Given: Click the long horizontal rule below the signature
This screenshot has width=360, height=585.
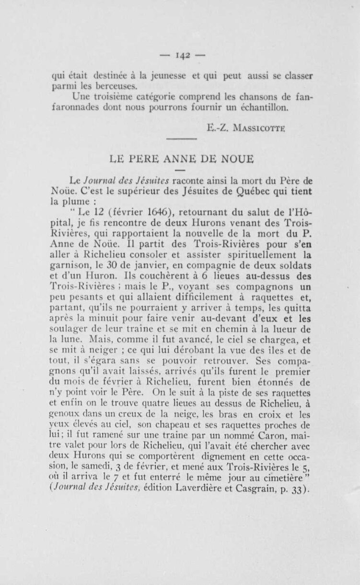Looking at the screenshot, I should [181, 139].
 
